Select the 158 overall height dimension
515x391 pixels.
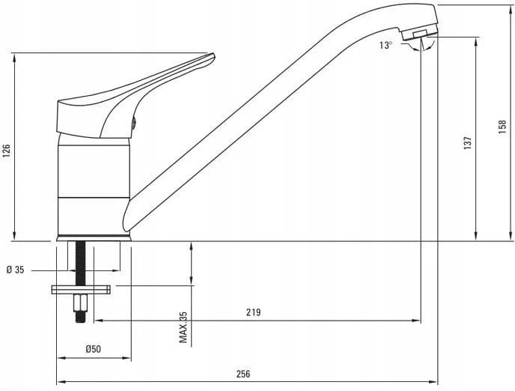pyautogui.click(x=502, y=127)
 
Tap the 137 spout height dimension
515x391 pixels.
pyautogui.click(x=468, y=143)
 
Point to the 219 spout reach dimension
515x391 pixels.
pyautogui.click(x=254, y=312)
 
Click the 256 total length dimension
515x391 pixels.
pyautogui.click(x=243, y=374)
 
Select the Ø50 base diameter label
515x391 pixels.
pyautogui.click(x=94, y=349)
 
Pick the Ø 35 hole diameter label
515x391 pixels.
pyautogui.click(x=16, y=270)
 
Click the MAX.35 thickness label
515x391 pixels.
pyautogui.click(x=183, y=327)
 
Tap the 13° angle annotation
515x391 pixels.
pyautogui.click(x=386, y=46)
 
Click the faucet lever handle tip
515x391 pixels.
pyautogui.click(x=213, y=55)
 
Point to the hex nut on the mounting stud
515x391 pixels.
pyautogui.click(x=81, y=303)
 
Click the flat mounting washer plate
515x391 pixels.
pyautogui.click(x=81, y=289)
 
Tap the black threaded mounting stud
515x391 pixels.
pyautogui.click(x=81, y=263)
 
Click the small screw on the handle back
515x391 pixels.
pyautogui.click(x=134, y=123)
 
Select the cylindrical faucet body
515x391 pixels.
pyautogui.click(x=94, y=184)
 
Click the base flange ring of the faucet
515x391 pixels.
pyautogui.click(x=94, y=238)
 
